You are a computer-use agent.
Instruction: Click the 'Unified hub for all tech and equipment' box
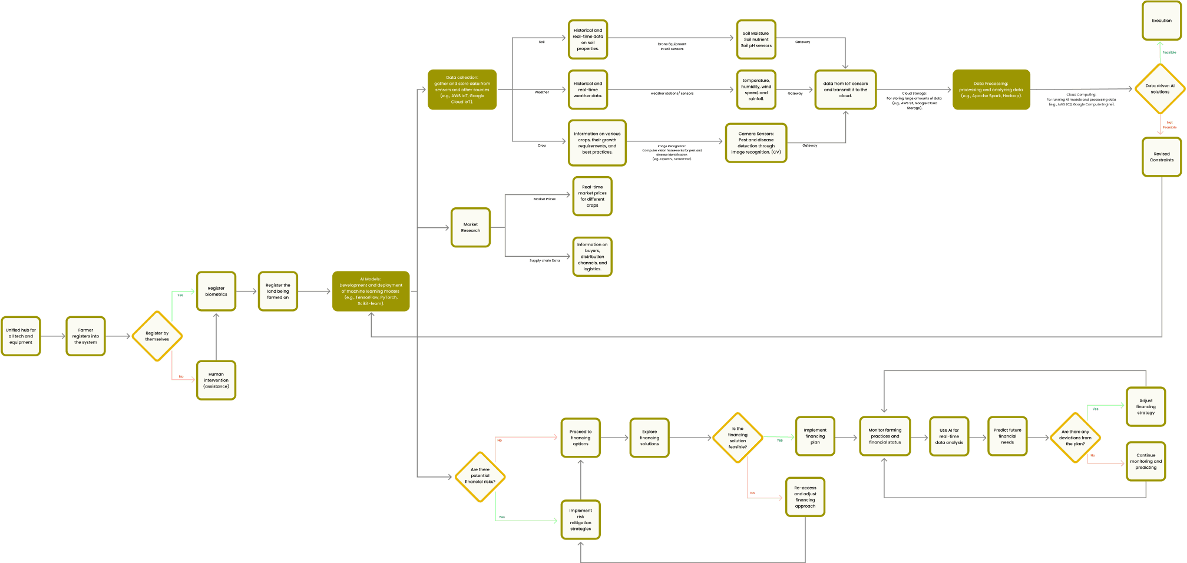tap(21, 336)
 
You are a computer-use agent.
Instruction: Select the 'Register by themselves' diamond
tap(157, 336)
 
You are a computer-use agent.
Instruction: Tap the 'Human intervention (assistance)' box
tap(216, 380)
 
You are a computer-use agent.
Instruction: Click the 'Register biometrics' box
tap(216, 292)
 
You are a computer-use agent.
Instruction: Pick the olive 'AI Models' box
tap(371, 292)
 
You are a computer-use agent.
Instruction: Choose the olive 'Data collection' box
tap(462, 90)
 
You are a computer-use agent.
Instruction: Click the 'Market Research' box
tap(471, 227)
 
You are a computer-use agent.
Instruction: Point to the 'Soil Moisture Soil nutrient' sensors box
tap(756, 39)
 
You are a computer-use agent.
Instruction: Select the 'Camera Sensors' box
tap(756, 143)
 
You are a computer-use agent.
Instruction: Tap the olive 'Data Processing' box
tap(991, 90)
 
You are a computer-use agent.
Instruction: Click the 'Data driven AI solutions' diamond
tap(1160, 89)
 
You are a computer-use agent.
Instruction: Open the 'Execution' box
tap(1162, 21)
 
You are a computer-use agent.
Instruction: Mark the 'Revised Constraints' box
tap(1162, 157)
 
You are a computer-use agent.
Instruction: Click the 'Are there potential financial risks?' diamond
tap(480, 476)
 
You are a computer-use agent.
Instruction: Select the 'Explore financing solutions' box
tap(650, 438)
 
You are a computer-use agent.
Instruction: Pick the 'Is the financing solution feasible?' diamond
tap(738, 438)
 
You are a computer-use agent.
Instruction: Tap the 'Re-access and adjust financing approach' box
tap(805, 497)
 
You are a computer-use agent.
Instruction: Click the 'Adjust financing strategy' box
tap(1146, 406)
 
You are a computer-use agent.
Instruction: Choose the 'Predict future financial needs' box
tap(1007, 436)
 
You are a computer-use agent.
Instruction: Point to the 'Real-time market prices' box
tap(593, 196)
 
